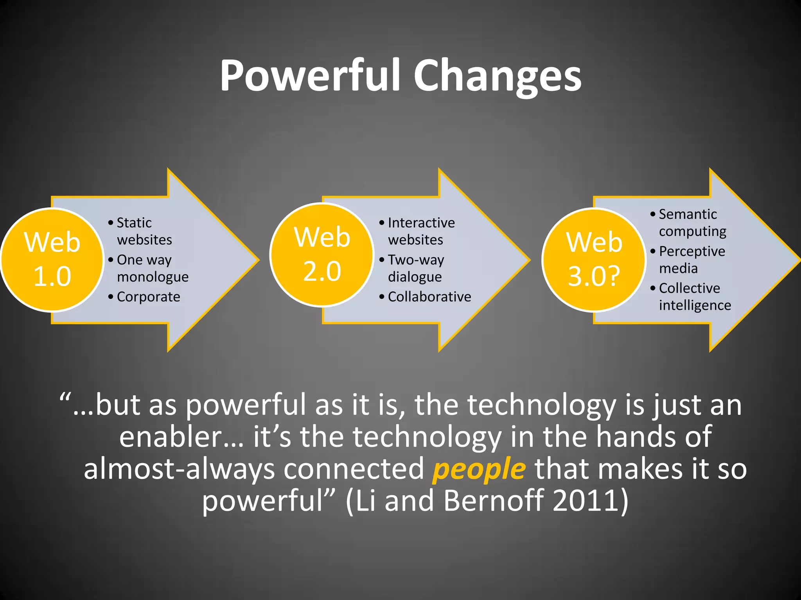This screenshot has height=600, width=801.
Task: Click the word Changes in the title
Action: pyautogui.click(x=497, y=76)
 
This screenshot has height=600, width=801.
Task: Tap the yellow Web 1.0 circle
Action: pyautogui.click(x=52, y=259)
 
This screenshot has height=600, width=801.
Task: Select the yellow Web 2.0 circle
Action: pyautogui.click(x=322, y=255)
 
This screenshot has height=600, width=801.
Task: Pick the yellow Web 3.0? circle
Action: pyautogui.click(x=594, y=259)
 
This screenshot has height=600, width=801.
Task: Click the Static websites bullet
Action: pyautogui.click(x=144, y=231)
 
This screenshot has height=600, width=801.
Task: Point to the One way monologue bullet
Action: pyautogui.click(x=152, y=268)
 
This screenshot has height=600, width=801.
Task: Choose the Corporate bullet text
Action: pyautogui.click(x=148, y=297)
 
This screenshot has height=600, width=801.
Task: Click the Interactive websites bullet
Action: pyautogui.click(x=421, y=231)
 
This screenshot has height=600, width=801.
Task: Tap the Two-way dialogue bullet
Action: pyautogui.click(x=415, y=268)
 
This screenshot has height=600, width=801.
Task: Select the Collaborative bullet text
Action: pyautogui.click(x=429, y=297)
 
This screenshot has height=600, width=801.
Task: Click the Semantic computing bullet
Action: pyautogui.click(x=692, y=223)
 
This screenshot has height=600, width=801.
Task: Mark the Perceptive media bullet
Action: pyautogui.click(x=691, y=259)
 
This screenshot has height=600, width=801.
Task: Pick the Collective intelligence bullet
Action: pyautogui.click(x=694, y=296)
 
